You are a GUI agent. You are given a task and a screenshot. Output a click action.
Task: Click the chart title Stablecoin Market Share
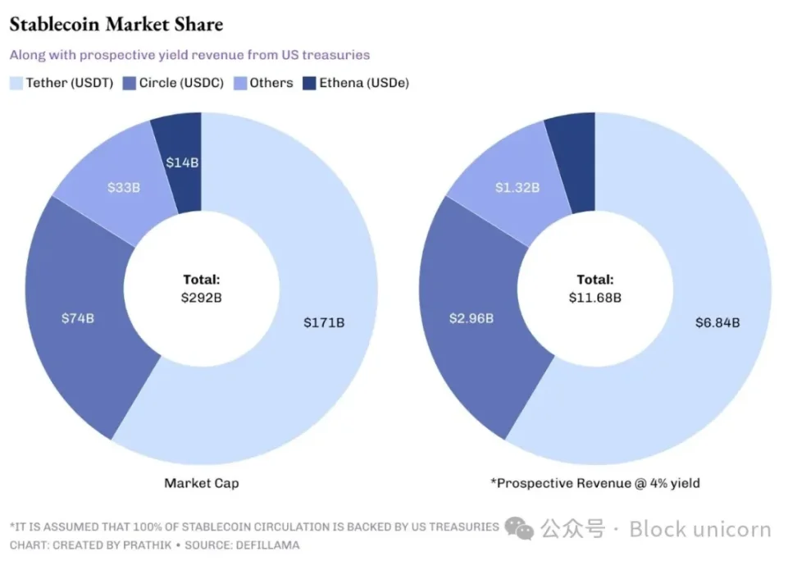coord(116,25)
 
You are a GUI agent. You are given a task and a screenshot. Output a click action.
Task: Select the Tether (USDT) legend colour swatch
coord(16,83)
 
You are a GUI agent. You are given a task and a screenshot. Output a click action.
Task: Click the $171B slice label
coord(324,322)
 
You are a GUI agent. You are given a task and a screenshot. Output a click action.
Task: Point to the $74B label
coord(78,317)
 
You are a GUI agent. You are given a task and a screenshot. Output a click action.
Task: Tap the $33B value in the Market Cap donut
coord(124,187)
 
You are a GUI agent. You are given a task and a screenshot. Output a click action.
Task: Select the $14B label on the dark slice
coord(182,162)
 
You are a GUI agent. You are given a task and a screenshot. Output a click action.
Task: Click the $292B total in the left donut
coord(202,298)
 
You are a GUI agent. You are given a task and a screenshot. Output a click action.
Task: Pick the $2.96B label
coord(471,317)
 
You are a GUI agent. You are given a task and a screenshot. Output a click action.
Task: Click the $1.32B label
coord(517,187)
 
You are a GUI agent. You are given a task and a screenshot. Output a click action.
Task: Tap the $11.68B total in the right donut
coord(595,298)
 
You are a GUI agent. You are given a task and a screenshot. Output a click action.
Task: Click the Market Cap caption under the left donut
coord(202,483)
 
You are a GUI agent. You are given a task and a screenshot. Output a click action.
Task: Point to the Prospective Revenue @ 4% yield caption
coord(595,483)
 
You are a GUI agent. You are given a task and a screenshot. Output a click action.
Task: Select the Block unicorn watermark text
coord(700,530)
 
